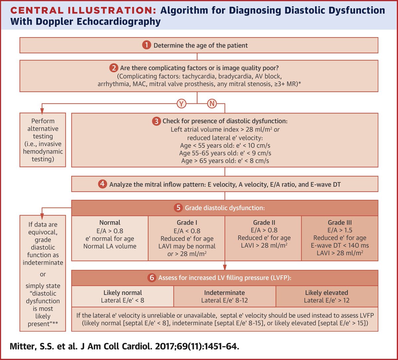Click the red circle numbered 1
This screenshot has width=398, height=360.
pyautogui.click(x=147, y=45)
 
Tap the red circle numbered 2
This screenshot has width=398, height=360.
pyautogui.click(x=113, y=68)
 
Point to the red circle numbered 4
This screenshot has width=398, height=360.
pyautogui.click(x=103, y=184)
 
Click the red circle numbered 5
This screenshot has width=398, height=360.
pyautogui.click(x=178, y=208)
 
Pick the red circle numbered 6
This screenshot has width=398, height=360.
pyautogui.click(x=152, y=278)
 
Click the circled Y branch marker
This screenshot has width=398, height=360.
pyautogui.click(x=181, y=104)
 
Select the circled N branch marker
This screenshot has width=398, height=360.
pyautogui.click(x=212, y=104)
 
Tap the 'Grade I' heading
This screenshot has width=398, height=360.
pyautogui.click(x=187, y=223)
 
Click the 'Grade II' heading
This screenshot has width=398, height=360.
pyautogui.click(x=264, y=223)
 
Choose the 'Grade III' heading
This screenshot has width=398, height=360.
pyautogui.click(x=340, y=223)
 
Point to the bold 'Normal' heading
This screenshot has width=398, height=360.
pyautogui.click(x=110, y=223)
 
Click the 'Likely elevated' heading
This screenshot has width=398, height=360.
pyautogui.click(x=326, y=293)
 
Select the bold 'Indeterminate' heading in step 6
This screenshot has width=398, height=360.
pyautogui.click(x=225, y=293)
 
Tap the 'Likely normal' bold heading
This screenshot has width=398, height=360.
pyautogui.click(x=123, y=293)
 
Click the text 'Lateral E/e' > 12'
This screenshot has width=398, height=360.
pyautogui.click(x=326, y=301)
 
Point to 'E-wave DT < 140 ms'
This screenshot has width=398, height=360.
pyautogui.click(x=340, y=246)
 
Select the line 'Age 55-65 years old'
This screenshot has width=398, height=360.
pyautogui.click(x=225, y=153)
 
